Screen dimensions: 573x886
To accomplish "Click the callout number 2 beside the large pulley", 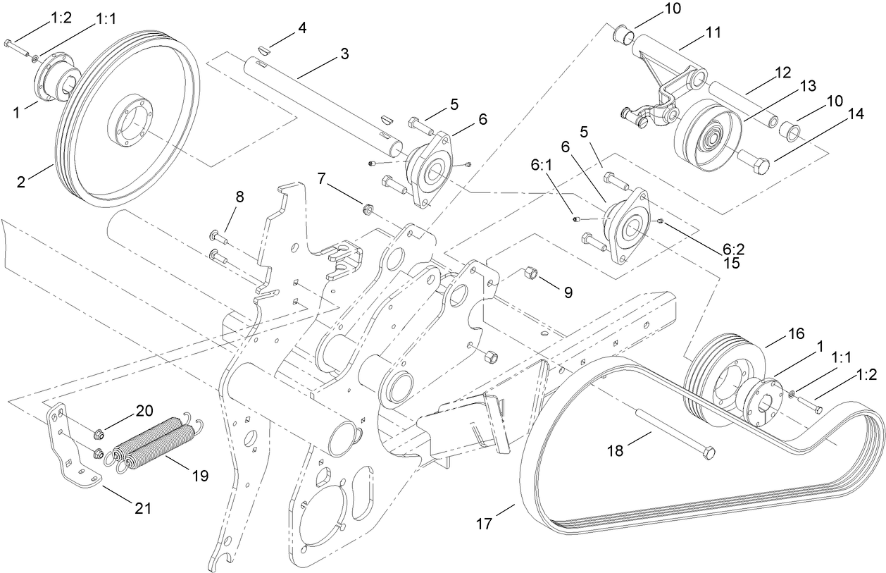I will click(22, 183).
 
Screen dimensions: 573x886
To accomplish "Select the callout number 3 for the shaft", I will click(344, 54).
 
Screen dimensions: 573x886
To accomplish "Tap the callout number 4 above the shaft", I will click(301, 29).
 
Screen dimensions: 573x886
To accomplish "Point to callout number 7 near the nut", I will click(322, 178).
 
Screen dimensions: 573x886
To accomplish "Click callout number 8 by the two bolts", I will click(239, 197).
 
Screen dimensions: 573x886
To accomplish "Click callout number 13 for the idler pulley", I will click(807, 85).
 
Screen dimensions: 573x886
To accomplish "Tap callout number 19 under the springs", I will click(199, 476).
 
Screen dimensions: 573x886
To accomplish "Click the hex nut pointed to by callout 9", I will click(531, 273).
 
